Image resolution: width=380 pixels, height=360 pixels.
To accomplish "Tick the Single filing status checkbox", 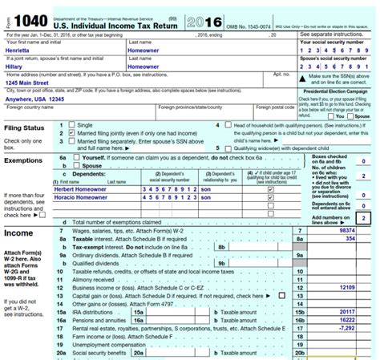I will coord(72,125).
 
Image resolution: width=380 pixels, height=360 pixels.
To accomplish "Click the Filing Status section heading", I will coord(25,128).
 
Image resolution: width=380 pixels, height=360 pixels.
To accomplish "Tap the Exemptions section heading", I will coord(25,160).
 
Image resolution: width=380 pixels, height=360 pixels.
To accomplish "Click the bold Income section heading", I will coord(19,233).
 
